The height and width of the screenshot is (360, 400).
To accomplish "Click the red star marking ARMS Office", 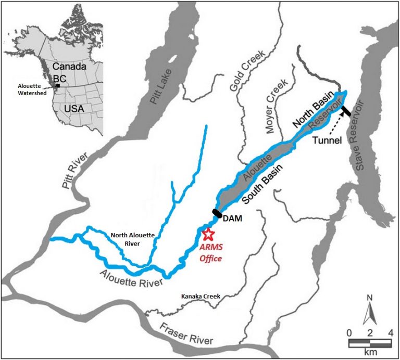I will click(x=208, y=234).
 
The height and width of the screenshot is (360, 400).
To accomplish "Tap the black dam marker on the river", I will click(x=217, y=213).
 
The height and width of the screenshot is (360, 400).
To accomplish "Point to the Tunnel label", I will click(x=327, y=139).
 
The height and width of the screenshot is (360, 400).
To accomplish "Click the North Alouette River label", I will click(x=132, y=239).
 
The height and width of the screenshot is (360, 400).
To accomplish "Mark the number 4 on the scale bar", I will click(x=389, y=332).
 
